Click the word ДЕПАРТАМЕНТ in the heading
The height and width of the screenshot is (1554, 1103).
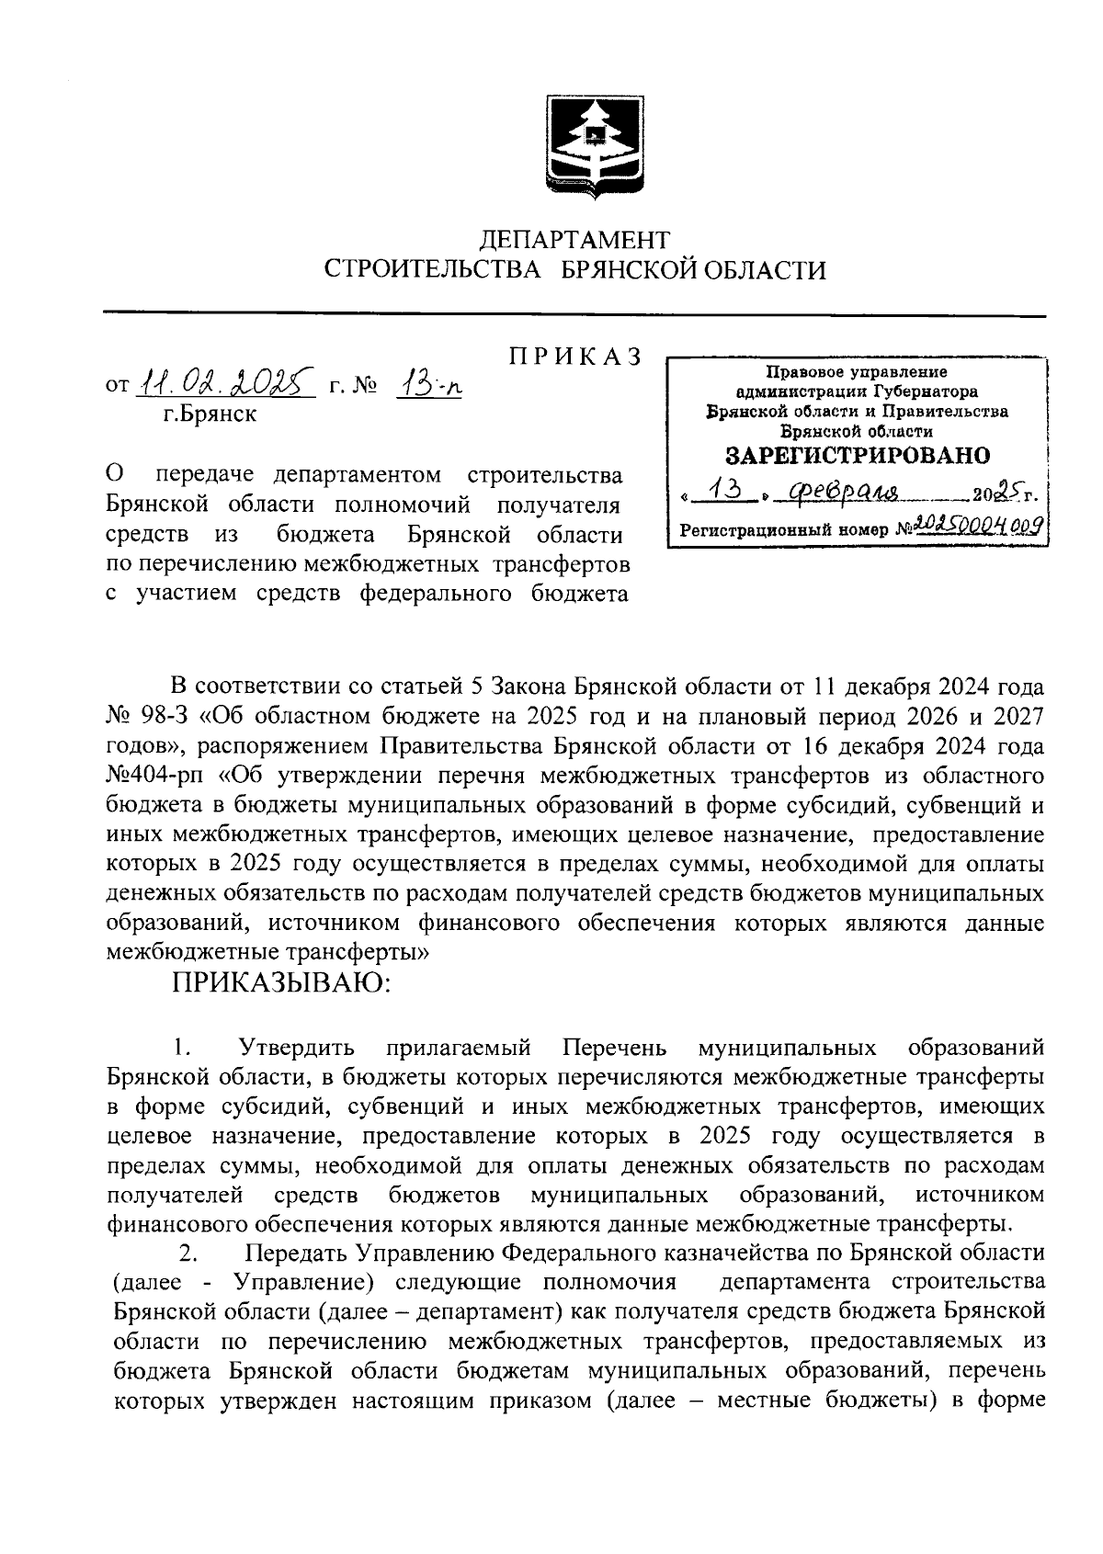[x=575, y=241]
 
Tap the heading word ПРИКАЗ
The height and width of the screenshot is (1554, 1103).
[x=574, y=358]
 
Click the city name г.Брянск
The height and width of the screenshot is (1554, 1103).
[x=210, y=414]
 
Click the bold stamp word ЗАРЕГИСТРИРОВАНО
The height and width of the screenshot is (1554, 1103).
[x=858, y=456]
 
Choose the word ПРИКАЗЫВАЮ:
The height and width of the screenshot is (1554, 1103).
[x=281, y=983]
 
